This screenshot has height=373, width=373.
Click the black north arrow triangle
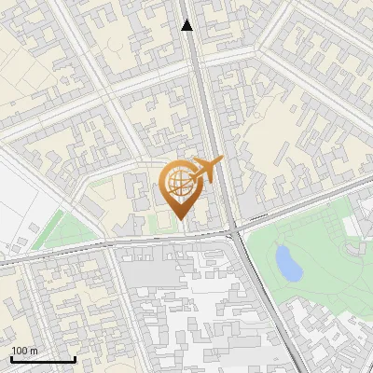pyautogui.click(x=187, y=26)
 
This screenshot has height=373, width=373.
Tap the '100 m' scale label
pyautogui.click(x=24, y=351)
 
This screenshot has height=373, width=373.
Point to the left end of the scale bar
pyautogui.click(x=11, y=359)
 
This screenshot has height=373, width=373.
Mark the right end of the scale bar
pyautogui.click(x=75, y=359)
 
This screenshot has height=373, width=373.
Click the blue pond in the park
pyautogui.click(x=289, y=264)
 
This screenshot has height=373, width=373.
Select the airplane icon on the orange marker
pyautogui.click(x=206, y=170)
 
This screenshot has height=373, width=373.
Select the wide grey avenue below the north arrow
pyautogui.click(x=200, y=93)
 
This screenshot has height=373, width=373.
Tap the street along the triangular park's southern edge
pyautogui.click(x=75, y=249)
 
